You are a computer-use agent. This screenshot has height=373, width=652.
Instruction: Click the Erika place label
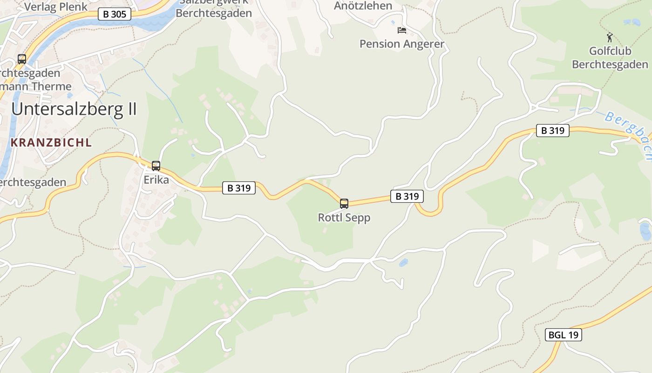point(156,180)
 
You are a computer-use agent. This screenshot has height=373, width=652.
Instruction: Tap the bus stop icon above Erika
point(156,166)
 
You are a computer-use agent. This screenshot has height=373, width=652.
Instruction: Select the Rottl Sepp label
point(344,217)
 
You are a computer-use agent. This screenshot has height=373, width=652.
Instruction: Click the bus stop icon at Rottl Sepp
point(344,203)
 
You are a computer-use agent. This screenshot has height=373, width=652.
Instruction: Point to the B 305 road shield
point(115,14)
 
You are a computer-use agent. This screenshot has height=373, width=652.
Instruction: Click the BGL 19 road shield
point(564,334)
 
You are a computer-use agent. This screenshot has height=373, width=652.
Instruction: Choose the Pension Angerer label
point(402,44)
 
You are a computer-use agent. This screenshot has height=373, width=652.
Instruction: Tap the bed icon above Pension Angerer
point(401,30)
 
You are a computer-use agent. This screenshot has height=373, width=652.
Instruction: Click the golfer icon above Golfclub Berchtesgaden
point(609,37)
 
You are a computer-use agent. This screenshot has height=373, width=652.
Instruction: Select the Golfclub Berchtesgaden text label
point(610,57)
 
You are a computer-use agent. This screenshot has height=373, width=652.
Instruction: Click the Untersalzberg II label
point(74,109)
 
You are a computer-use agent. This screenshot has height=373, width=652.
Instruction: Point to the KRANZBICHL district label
point(51,143)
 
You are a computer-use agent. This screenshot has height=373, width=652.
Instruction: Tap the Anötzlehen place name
point(363,6)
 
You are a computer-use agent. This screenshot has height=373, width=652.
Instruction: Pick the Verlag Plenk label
point(55,7)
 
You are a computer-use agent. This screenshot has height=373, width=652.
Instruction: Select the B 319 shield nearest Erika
point(239,188)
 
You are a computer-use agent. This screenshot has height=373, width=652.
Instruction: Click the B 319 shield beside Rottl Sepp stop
point(407,196)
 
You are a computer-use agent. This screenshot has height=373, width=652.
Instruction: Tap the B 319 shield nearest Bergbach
point(553,131)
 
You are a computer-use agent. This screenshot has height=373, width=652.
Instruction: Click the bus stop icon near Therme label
point(22,59)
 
